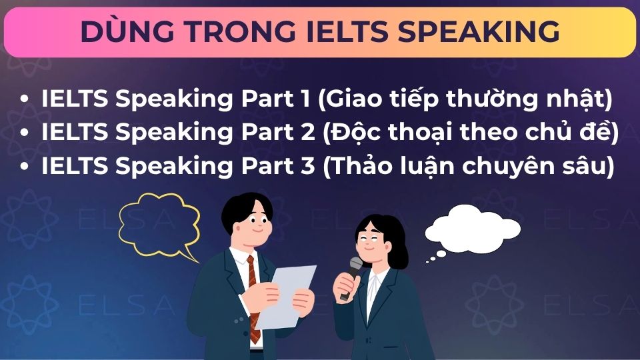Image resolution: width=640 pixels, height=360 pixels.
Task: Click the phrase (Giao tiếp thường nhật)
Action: (465, 100)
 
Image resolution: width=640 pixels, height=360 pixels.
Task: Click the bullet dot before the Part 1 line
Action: (25, 100)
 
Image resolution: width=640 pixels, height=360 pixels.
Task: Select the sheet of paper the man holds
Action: (287, 293)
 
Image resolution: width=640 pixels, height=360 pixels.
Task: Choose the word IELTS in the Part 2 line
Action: (74, 133)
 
